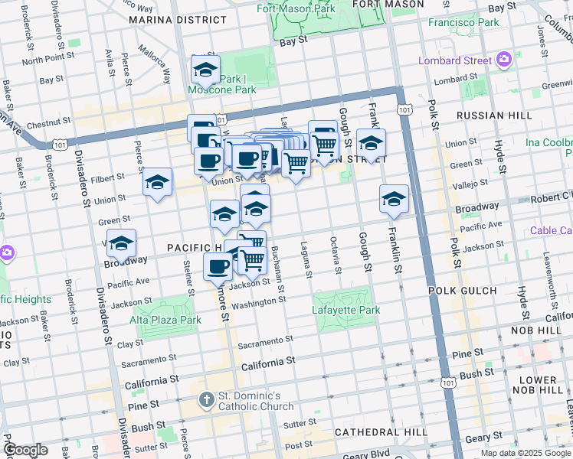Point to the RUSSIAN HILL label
point(493,116)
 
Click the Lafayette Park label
point(346,311)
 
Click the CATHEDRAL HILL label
point(381,432)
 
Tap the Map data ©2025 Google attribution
point(526,453)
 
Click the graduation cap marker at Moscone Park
point(205,70)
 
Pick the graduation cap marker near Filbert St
point(157,182)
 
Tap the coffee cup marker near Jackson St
point(218,267)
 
